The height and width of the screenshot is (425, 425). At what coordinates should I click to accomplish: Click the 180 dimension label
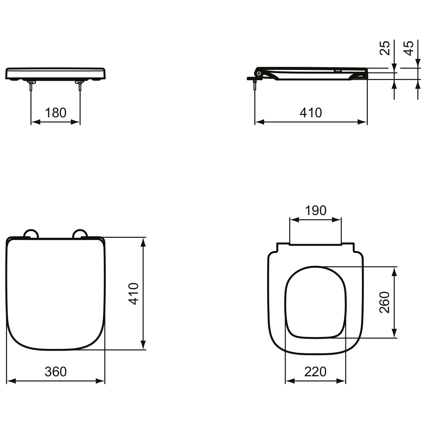click(56, 113)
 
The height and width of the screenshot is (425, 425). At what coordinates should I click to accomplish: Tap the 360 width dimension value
click(56, 371)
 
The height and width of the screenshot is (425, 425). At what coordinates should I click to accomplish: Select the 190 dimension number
click(315, 211)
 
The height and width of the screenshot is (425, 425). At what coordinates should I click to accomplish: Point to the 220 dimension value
click(315, 371)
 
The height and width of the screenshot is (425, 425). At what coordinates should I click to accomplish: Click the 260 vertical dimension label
click(385, 302)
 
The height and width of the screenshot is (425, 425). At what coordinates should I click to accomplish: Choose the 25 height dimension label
click(385, 48)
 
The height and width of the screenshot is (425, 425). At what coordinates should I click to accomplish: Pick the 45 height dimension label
click(409, 48)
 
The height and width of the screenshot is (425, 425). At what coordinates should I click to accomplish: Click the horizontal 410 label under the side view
click(311, 113)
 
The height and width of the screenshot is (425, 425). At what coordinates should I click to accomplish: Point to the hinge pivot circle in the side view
click(259, 74)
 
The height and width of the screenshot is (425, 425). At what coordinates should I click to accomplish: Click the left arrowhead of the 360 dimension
click(10, 381)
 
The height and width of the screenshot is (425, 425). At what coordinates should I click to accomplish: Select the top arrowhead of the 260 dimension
click(394, 271)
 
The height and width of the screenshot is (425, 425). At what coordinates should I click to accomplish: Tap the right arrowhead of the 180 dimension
click(76, 122)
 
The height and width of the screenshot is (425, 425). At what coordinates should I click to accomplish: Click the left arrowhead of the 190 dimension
click(294, 220)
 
